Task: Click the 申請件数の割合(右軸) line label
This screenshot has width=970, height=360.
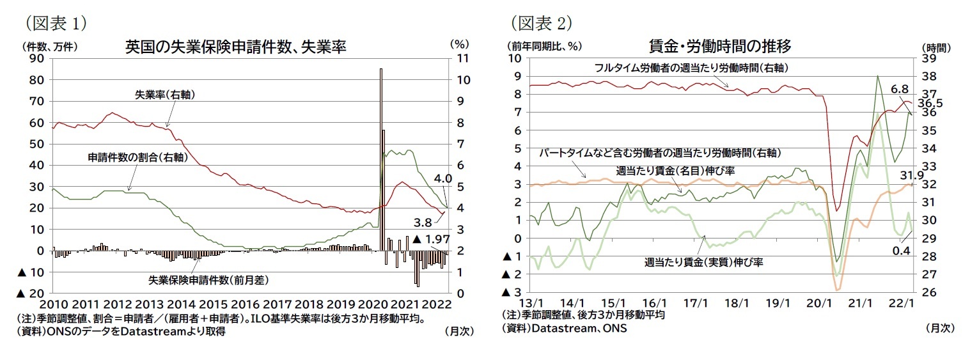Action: point(137,157)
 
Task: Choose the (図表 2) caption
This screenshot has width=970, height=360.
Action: point(541,23)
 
